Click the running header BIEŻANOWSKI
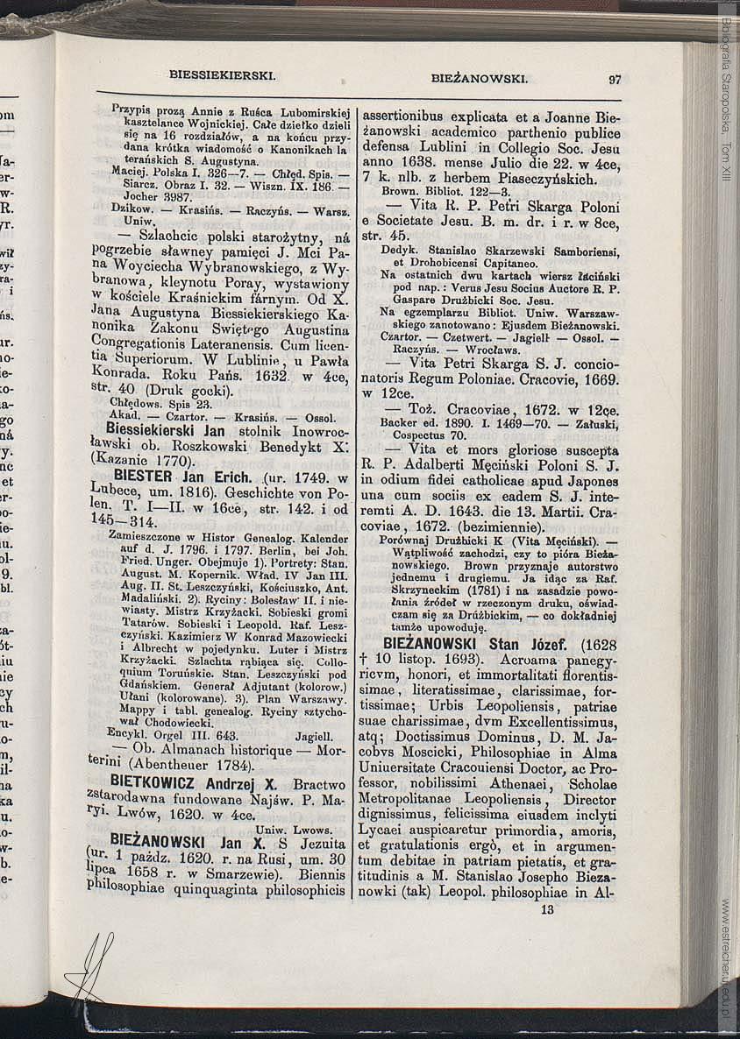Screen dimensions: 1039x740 coord(479,79)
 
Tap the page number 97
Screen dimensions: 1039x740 coord(615,80)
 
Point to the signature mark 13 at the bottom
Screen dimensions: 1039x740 coord(548,910)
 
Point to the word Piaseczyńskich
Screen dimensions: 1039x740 coord(541,179)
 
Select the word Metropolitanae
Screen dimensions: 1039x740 coord(417,800)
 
